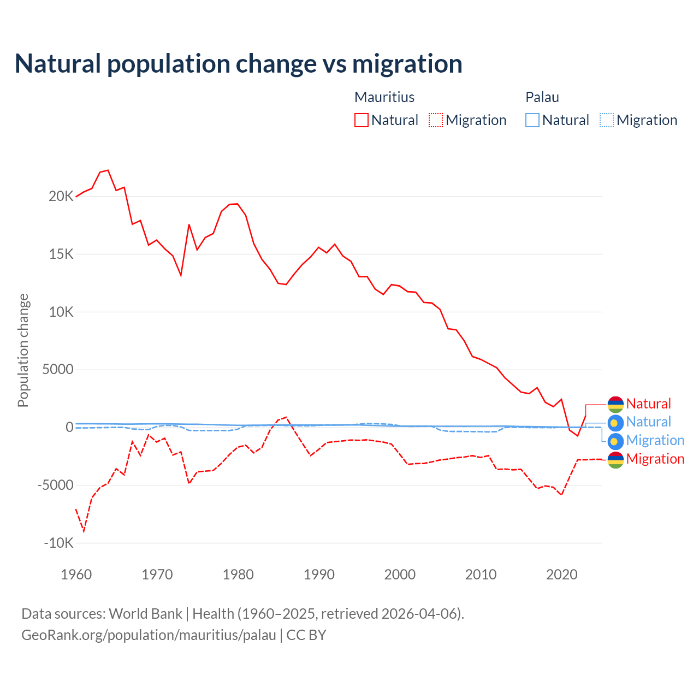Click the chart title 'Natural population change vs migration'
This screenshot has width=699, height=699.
click(239, 64)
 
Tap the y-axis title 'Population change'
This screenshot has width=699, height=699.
click(23, 350)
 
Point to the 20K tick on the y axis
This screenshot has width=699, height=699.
click(61, 197)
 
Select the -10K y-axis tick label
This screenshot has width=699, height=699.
click(58, 543)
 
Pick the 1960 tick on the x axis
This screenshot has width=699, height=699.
click(76, 574)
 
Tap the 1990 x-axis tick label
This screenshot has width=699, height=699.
click(319, 574)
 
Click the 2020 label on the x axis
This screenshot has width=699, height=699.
click(561, 574)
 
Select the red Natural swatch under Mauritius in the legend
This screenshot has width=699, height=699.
click(362, 120)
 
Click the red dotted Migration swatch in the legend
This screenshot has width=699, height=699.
click(436, 120)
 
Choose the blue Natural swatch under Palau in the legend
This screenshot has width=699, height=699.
click(532, 120)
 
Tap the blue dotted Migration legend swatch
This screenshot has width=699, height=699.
click(607, 120)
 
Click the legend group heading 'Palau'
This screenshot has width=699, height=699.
click(542, 97)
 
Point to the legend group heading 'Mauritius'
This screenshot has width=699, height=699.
click(384, 97)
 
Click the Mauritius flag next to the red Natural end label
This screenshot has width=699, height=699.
click(615, 404)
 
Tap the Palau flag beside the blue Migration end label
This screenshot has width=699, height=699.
click(615, 441)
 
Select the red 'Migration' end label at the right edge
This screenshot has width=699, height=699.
click(655, 459)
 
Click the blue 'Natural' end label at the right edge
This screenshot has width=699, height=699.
click(648, 422)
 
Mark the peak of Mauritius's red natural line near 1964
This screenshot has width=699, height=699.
click(108, 170)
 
